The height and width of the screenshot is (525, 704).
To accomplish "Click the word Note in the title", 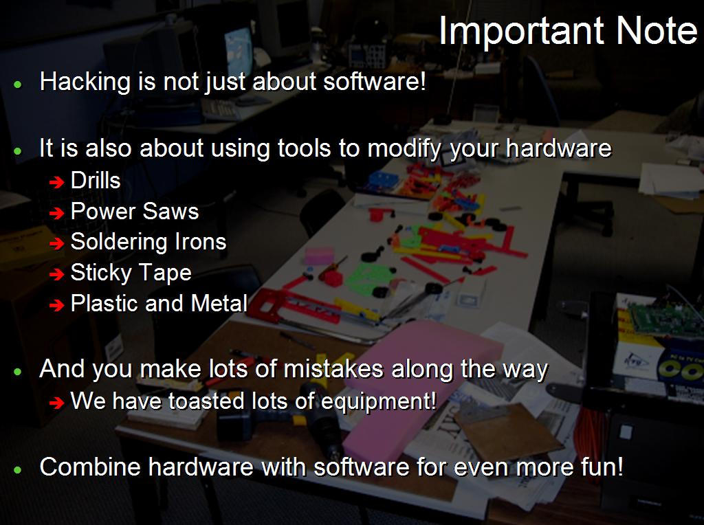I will click(x=656, y=31).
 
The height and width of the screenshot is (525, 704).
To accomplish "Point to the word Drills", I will click(x=96, y=181).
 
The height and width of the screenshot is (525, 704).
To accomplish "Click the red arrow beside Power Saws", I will click(x=56, y=213).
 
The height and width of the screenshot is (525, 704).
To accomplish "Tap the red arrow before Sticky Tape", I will click(x=56, y=274).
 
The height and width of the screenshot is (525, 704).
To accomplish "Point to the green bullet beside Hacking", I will click(x=18, y=84).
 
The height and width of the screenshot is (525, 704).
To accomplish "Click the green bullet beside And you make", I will click(x=18, y=371).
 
